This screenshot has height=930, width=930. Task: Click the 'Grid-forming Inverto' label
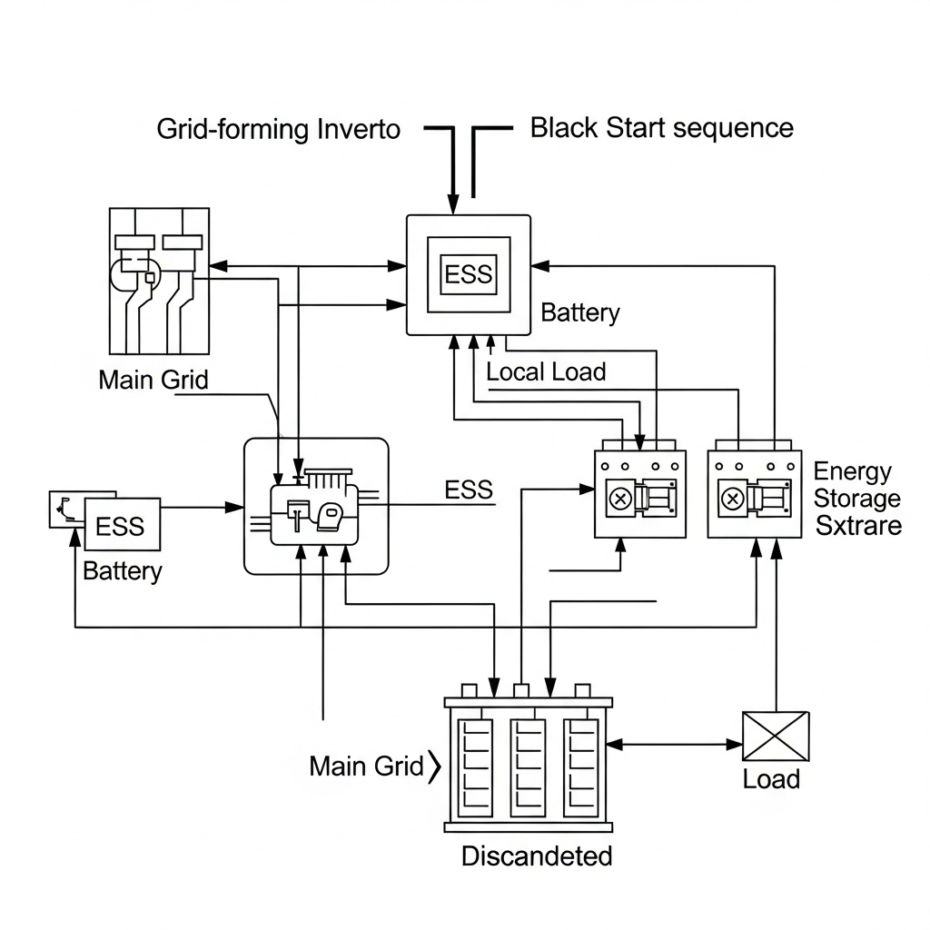pos(278,129)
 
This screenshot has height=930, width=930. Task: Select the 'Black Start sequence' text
pos(661,128)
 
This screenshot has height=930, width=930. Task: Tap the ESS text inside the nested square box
pos(469,274)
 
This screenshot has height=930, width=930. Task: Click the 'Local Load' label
pos(546,371)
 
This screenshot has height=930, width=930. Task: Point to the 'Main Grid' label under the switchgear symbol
pos(153,380)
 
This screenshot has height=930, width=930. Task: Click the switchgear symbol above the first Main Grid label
pos(159,280)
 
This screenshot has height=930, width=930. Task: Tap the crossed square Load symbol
pos(776,736)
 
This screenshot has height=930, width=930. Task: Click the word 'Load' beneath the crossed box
pos(771,779)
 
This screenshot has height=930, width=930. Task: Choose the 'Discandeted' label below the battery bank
pos(537,856)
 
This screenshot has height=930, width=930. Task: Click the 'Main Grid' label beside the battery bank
pos(367,767)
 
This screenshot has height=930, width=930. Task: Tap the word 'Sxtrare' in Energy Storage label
pos(858,525)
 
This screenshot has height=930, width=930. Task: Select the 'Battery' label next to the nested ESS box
pos(580,313)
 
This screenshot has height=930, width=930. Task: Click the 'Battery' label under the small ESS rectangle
pos(122,571)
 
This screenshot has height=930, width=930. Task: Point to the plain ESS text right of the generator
pos(469,490)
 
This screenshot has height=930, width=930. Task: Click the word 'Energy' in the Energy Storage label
pos(853,471)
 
